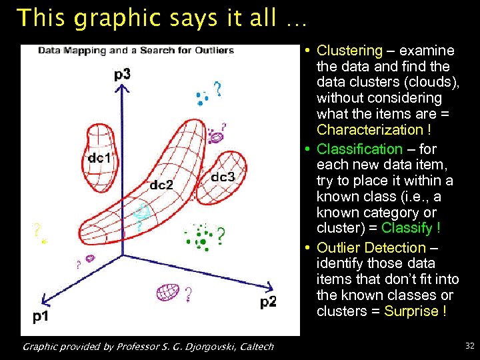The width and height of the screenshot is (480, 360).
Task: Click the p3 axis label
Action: pos(122,74)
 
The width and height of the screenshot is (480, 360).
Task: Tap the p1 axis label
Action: pos(41,316)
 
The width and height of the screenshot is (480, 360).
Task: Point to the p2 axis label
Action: pos(267,303)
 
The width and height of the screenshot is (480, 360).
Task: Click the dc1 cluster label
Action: pos(99,158)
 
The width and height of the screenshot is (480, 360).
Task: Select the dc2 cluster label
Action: pos(161,185)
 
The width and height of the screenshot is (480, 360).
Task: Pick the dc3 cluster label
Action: pos(223,177)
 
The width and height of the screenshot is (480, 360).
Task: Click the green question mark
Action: pos(221,234)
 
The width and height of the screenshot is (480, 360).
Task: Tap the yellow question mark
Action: pos(35,231)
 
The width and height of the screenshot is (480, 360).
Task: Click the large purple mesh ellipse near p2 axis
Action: pos(167,291)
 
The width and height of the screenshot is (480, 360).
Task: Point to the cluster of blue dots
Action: pos(201,98)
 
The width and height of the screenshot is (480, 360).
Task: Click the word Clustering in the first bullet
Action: pos(349,51)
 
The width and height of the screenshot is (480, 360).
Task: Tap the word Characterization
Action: pos(369,130)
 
